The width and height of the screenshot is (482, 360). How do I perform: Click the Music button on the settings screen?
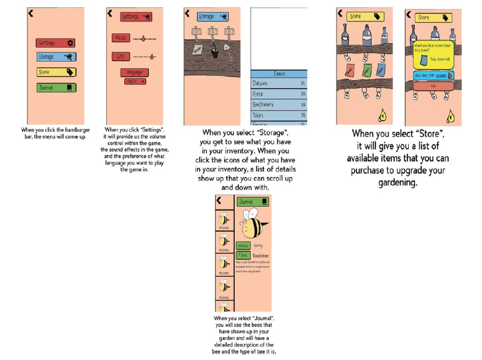[x=121, y=37]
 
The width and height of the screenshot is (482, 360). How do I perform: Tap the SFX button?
[x=121, y=56]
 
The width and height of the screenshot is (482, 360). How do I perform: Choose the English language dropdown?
[x=134, y=81]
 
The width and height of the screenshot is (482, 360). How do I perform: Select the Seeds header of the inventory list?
[x=279, y=74]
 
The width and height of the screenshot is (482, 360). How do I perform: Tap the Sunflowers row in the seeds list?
[x=279, y=104]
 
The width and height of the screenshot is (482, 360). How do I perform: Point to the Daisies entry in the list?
[x=279, y=84]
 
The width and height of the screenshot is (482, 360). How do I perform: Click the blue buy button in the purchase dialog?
[x=432, y=76]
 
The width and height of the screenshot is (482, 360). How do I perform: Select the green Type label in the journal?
[x=242, y=254]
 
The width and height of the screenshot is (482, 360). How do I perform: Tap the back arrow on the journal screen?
[x=219, y=201]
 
